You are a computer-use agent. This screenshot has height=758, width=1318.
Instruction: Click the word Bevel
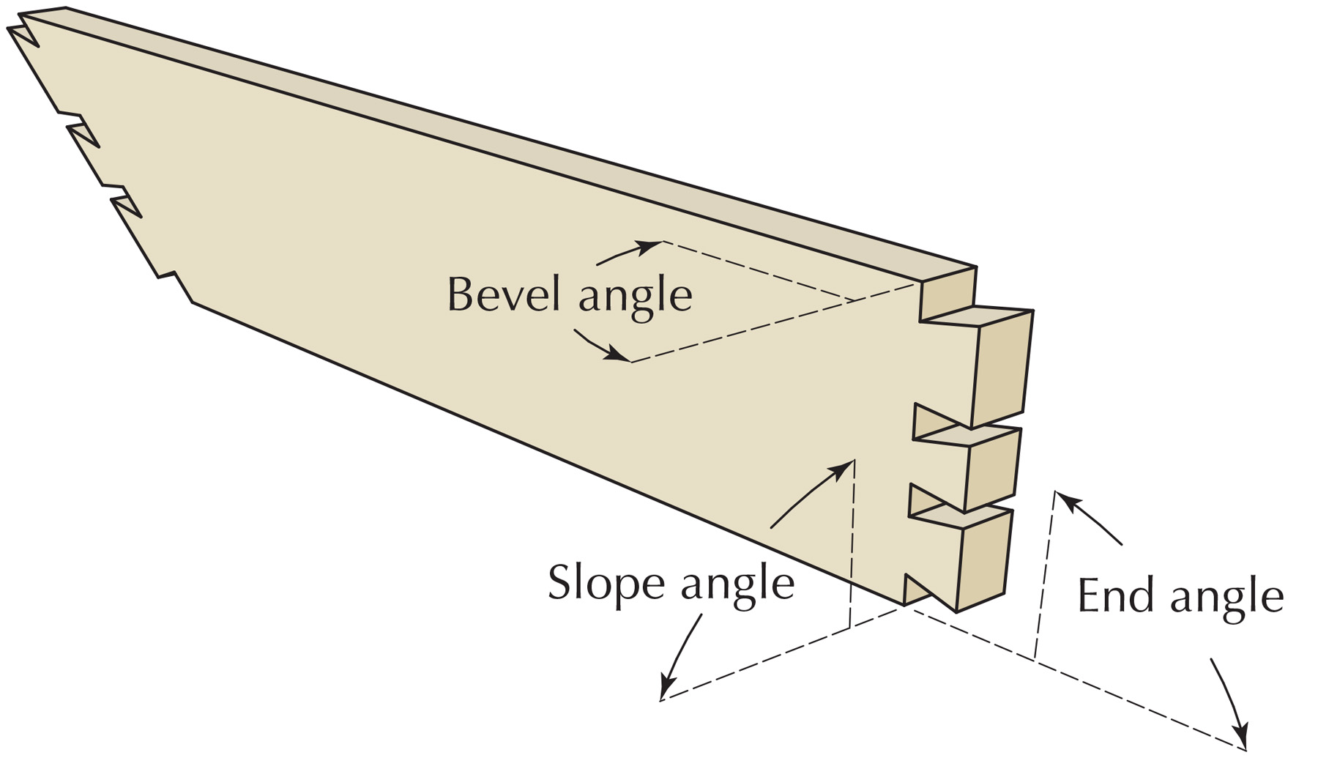505,294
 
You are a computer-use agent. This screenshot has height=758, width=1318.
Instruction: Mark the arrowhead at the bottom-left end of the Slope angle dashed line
666,688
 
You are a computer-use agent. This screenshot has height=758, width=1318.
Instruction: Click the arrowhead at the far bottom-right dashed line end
1240,737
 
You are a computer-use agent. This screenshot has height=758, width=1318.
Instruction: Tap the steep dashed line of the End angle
1045,574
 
